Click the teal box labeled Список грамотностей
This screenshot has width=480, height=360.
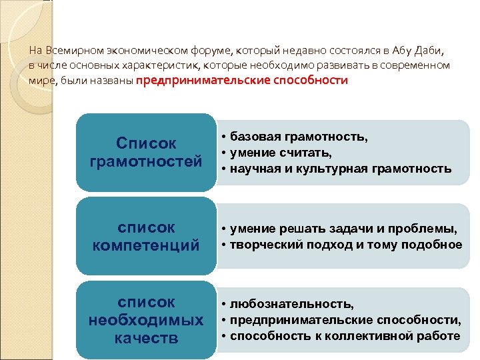pos(146,152)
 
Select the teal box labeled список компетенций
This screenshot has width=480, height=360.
pos(146,236)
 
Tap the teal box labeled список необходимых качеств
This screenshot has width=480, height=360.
pos(146,320)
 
